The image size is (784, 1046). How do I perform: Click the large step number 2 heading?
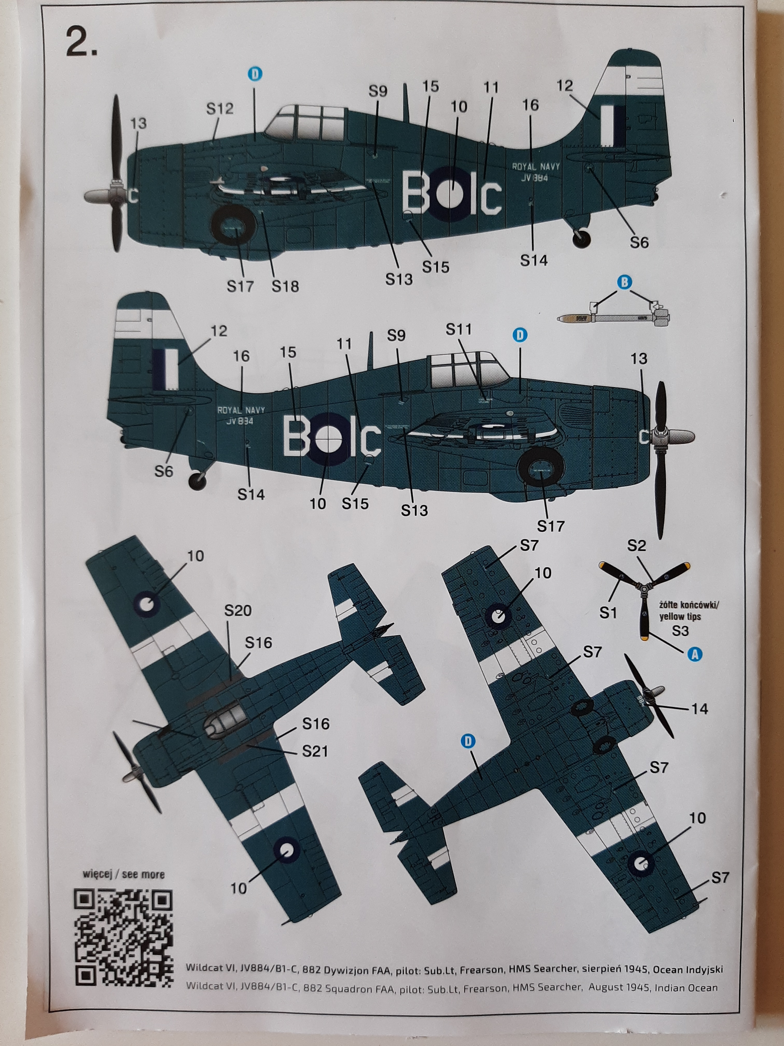point(82,44)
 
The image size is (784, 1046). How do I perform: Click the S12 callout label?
point(220,109)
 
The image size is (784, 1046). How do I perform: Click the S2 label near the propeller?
point(636,546)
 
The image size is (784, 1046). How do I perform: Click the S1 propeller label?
point(608,613)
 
